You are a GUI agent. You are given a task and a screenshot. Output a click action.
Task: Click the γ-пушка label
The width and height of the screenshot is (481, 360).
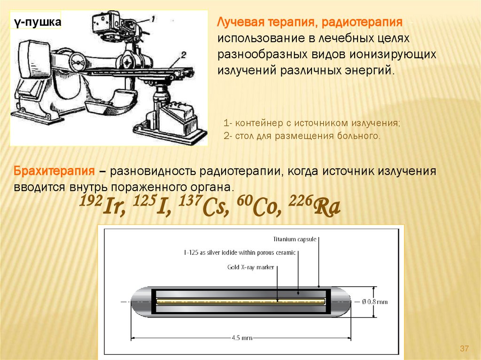pyautogui.click(x=38, y=22)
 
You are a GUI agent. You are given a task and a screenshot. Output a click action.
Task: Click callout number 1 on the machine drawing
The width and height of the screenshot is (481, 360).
pyautogui.click(x=153, y=19)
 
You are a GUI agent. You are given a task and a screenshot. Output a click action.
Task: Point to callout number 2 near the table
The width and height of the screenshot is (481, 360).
pyautogui.click(x=183, y=55)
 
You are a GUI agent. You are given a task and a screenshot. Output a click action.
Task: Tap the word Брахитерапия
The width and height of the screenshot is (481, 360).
pyautogui.click(x=54, y=171)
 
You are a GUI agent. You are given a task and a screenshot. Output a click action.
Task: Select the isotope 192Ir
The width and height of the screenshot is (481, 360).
pyautogui.click(x=102, y=205)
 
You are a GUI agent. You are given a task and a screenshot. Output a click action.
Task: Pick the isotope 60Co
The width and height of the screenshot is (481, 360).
pyautogui.click(x=259, y=205)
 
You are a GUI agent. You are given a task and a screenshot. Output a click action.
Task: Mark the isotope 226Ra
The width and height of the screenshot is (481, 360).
pyautogui.click(x=314, y=205)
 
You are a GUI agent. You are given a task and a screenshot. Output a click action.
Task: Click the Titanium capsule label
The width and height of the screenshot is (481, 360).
pyautogui.click(x=295, y=239)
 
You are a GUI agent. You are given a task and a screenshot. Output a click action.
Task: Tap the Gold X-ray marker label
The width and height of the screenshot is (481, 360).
pyautogui.click(x=250, y=267)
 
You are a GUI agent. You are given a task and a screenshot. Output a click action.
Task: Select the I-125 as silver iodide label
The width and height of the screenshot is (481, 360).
pyautogui.click(x=240, y=253)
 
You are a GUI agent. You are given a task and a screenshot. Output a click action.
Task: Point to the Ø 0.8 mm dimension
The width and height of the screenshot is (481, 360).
pyautogui.click(x=374, y=302)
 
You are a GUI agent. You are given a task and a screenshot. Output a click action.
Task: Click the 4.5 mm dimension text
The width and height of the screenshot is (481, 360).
pyautogui.click(x=242, y=338)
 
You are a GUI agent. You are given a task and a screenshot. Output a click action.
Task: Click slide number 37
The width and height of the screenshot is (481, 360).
pyautogui.click(x=464, y=348)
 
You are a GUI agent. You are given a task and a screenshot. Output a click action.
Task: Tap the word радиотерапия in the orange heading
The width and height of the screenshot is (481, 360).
pyautogui.click(x=362, y=22)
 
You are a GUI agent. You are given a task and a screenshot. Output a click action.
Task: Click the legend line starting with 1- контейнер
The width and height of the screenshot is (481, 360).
pyautogui.click(x=312, y=123)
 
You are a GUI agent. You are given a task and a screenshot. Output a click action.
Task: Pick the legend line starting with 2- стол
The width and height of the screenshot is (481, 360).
pyautogui.click(x=302, y=136)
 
